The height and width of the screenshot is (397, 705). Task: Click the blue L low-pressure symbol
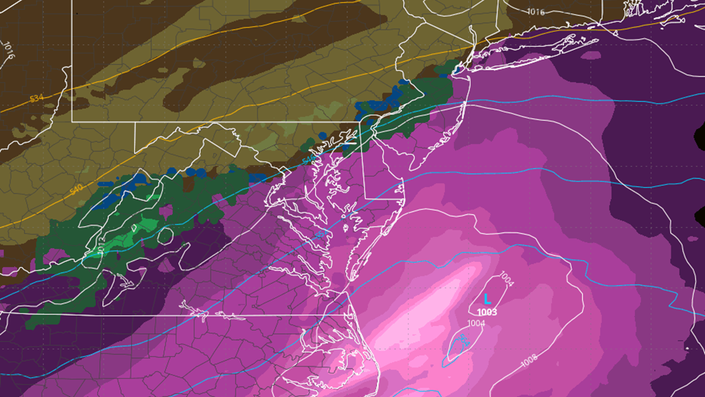[x=487, y=299]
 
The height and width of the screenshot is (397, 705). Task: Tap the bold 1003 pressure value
[x=487, y=312]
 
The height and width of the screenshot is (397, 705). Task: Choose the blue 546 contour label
[x=308, y=160]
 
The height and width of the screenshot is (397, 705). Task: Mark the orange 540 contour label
[x=77, y=190]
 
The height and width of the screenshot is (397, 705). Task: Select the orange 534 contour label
[x=36, y=98]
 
